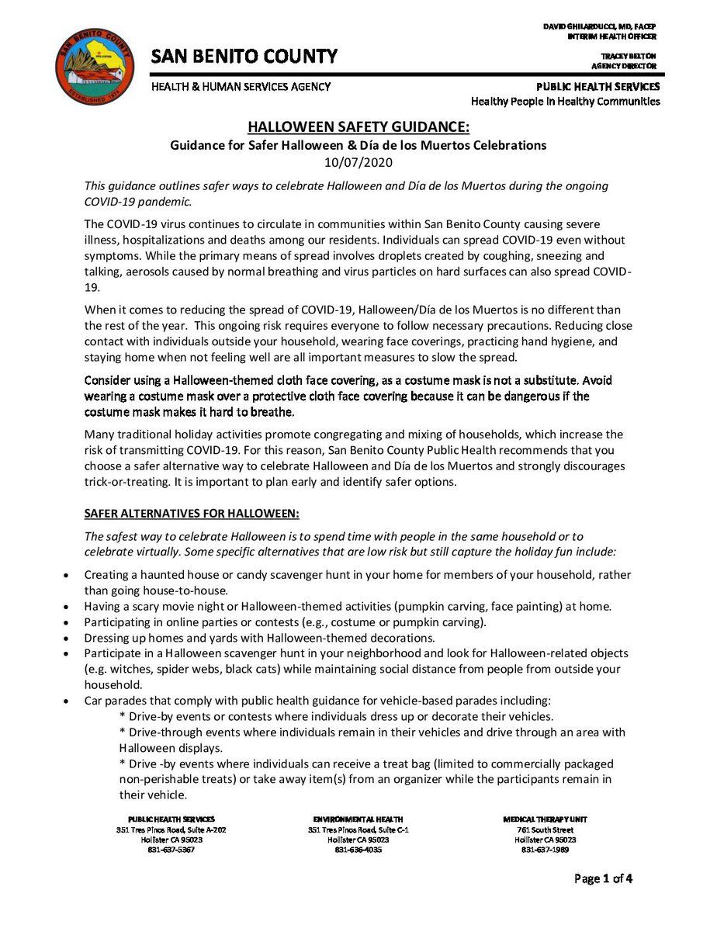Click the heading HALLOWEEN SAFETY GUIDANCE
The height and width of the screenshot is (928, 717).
point(358,127)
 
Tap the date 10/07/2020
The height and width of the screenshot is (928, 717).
point(358,163)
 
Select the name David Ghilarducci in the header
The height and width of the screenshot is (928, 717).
point(599,27)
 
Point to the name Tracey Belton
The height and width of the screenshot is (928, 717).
point(629,57)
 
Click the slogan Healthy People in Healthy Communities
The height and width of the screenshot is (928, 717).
point(566,101)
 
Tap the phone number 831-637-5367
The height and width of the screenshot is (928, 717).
point(171,850)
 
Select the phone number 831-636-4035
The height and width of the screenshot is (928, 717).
point(358,850)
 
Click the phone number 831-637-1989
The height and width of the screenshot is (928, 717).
point(545,850)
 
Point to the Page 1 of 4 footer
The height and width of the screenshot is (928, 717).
point(603,879)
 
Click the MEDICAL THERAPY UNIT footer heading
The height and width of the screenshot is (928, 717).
point(545,819)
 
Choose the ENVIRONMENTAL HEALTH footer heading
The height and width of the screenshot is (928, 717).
point(358,819)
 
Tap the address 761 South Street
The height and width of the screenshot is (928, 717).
point(545,829)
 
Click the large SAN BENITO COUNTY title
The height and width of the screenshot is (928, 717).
point(244,57)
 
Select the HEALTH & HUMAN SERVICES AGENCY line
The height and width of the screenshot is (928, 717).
point(241,87)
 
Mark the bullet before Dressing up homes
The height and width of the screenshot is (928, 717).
point(67,639)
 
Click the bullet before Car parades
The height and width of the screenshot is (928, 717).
point(67,701)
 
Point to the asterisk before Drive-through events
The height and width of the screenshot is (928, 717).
point(123,732)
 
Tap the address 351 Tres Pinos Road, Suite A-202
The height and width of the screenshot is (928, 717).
point(171,829)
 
